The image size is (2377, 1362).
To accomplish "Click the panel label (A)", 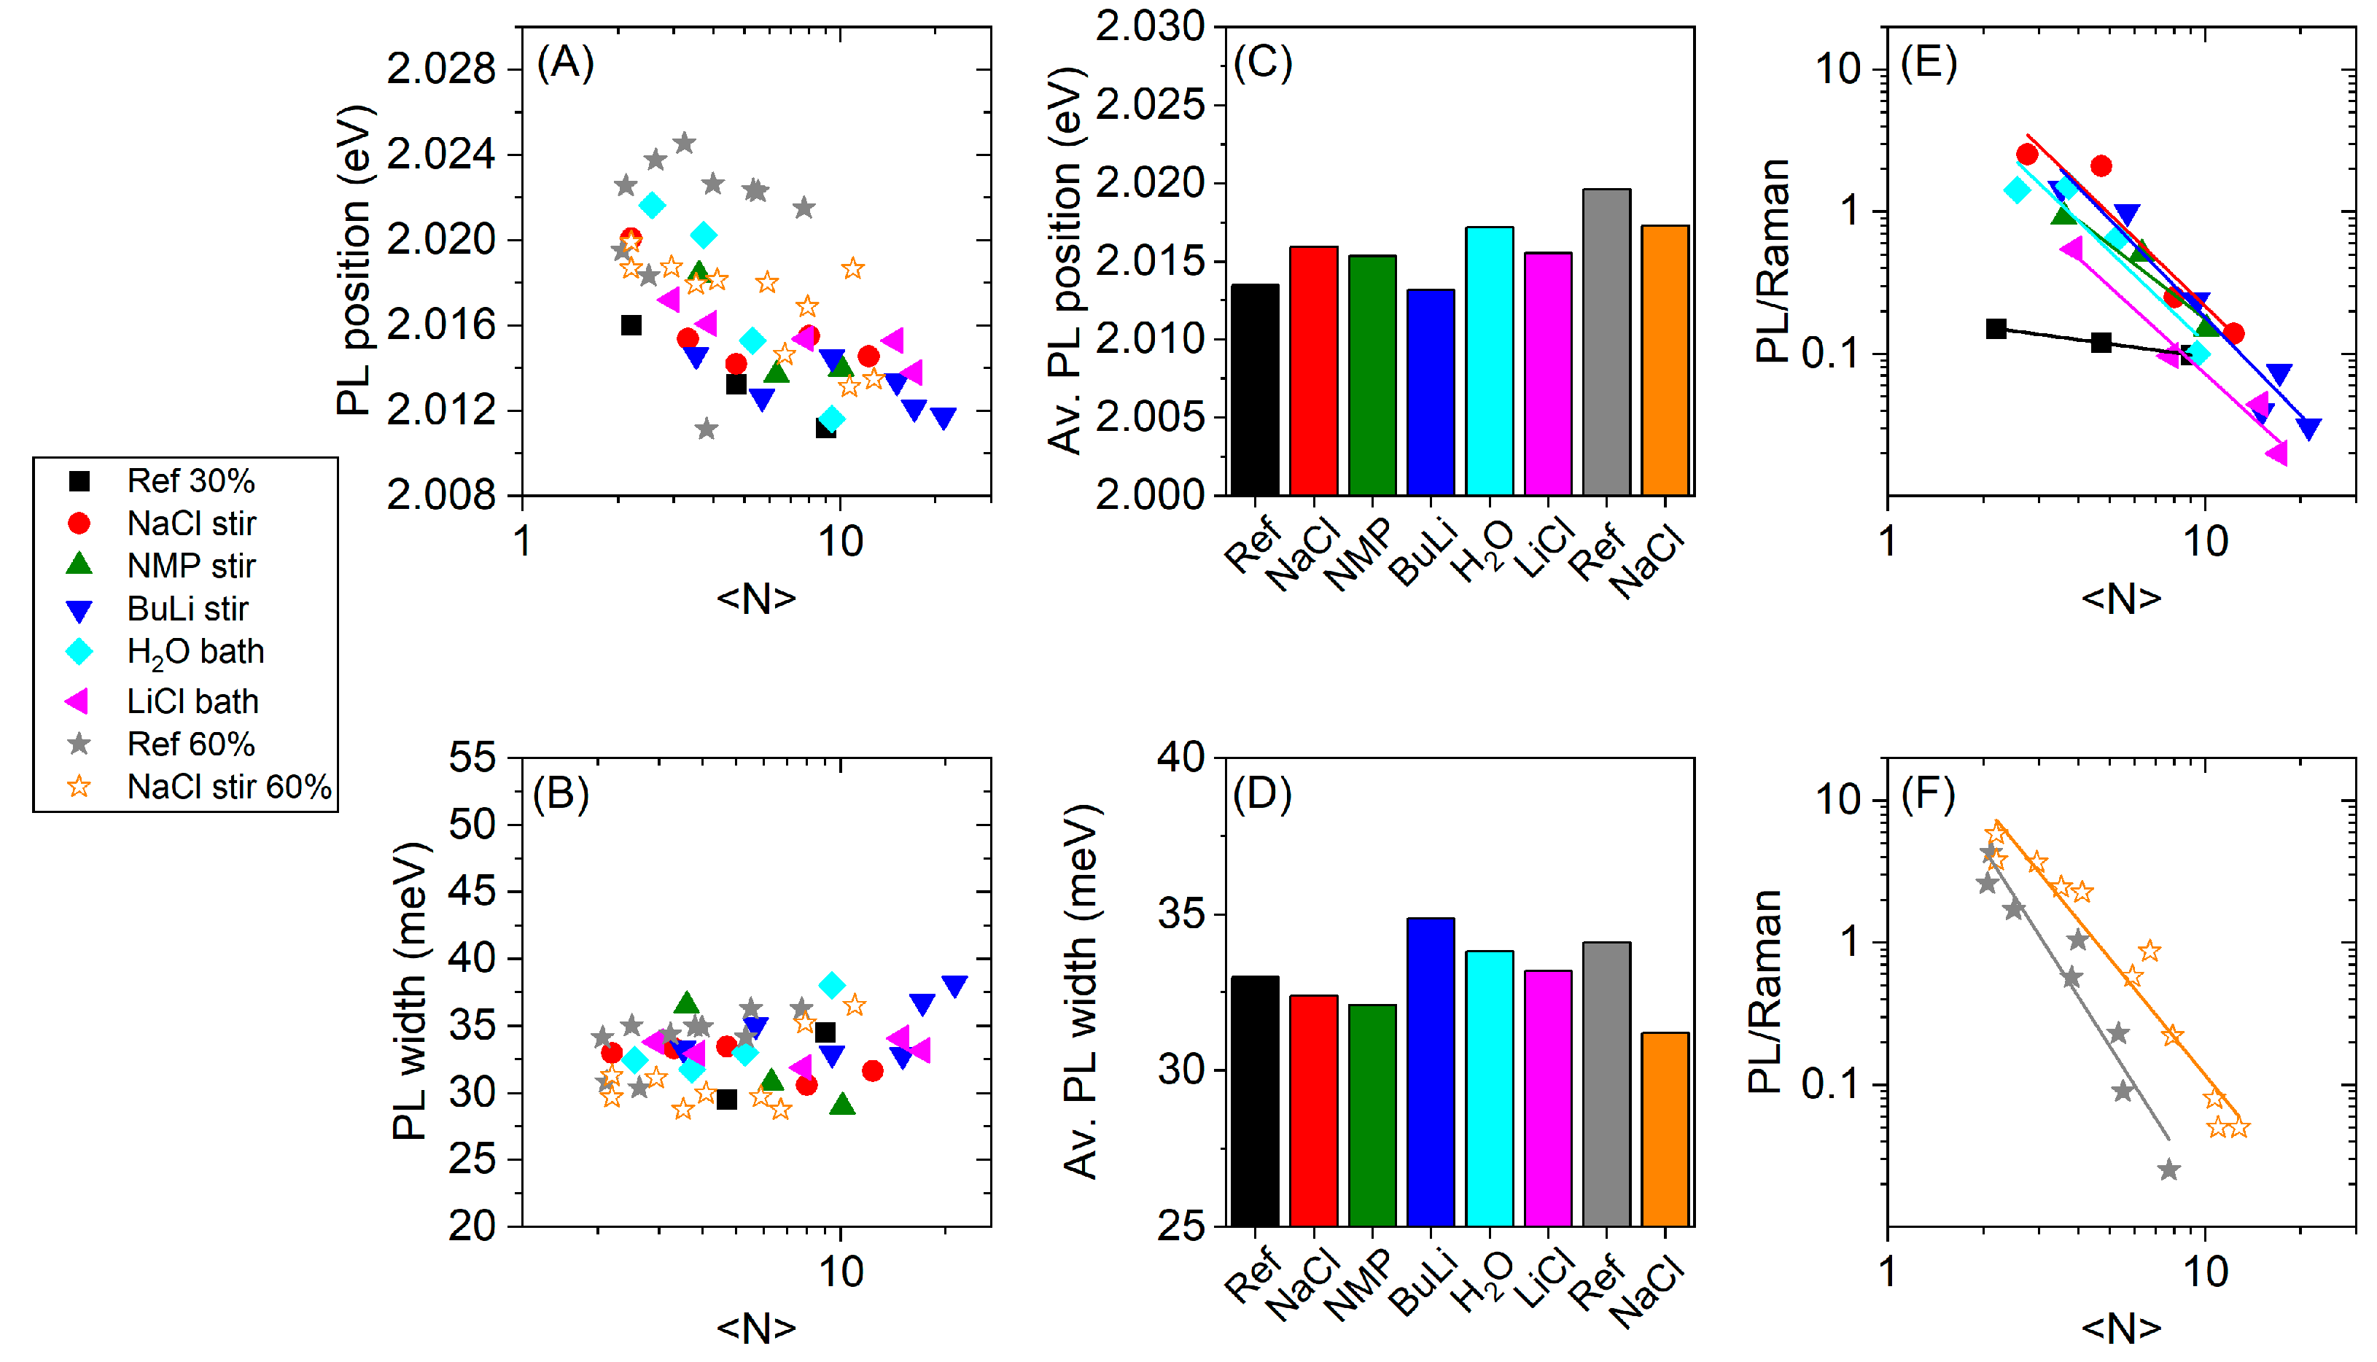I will (x=565, y=63).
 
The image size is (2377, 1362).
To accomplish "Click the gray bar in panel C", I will (x=1606, y=341).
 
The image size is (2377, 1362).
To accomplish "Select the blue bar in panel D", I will (x=1431, y=1071).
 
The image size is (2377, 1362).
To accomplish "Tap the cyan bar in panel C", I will (x=1489, y=360).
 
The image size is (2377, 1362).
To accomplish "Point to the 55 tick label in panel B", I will (x=472, y=758).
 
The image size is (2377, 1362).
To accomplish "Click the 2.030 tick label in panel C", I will (x=1150, y=26).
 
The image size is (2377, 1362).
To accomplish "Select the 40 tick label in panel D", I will (x=1180, y=758).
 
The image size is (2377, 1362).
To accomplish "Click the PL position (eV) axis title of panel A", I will (x=356, y=260).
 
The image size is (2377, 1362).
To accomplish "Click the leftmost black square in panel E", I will (x=1996, y=328).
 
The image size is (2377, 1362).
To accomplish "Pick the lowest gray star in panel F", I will (x=2168, y=1170).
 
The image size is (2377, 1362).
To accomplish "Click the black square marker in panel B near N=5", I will (x=727, y=1099).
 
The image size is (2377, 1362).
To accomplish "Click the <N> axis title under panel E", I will (x=2120, y=598).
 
